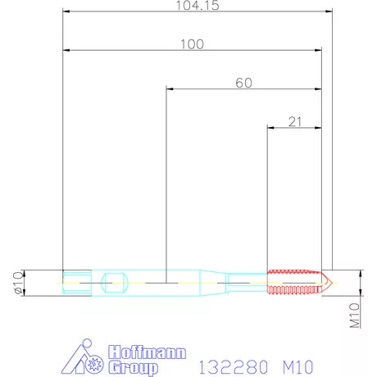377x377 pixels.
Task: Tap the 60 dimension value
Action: (243, 83)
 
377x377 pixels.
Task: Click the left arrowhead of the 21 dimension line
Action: (270, 128)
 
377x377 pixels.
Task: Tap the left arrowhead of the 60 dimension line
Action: (168, 89)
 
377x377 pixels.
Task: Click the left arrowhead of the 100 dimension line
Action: (66, 51)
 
